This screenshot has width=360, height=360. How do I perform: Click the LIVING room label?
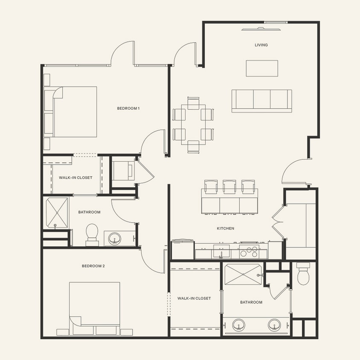point(261,45)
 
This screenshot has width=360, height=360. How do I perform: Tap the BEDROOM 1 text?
point(128,108)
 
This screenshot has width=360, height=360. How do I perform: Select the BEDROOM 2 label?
point(93,266)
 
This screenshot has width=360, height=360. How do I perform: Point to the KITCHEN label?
point(225,229)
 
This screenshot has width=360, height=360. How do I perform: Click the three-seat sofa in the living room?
point(261,101)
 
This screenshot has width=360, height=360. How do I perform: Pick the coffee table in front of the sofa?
point(261,68)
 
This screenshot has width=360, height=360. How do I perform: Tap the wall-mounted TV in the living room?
point(261,29)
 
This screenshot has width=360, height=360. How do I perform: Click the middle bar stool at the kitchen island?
point(229,187)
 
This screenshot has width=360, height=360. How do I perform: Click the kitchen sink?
point(221,253)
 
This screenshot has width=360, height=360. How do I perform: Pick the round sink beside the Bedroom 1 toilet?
point(114,238)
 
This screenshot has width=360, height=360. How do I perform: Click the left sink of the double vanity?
point(239,326)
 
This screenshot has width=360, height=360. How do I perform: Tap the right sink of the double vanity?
point(274,326)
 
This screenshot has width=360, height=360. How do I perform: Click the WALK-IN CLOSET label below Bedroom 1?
point(75,177)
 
